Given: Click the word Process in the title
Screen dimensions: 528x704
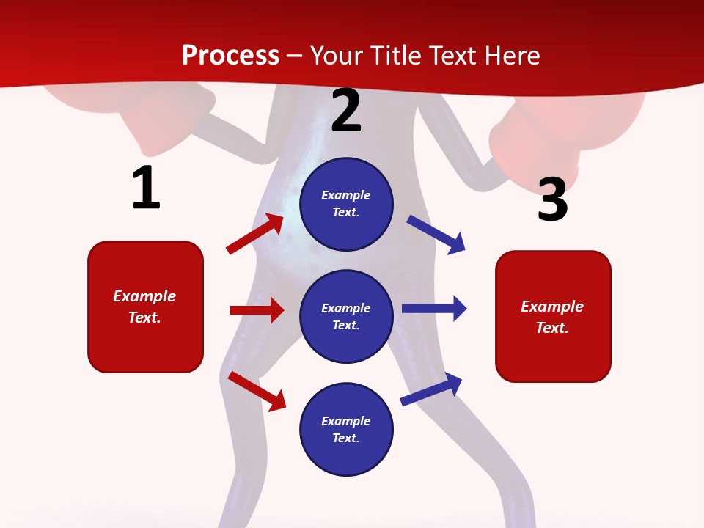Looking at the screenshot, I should click(x=230, y=55).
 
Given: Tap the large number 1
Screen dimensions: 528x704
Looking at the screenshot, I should click(x=146, y=188).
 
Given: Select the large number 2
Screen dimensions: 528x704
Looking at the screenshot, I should click(x=346, y=111).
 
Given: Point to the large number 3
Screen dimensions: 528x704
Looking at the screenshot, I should click(x=552, y=199).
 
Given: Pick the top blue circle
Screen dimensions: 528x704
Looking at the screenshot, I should click(x=346, y=204).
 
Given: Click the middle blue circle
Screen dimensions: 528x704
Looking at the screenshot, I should click(x=346, y=317).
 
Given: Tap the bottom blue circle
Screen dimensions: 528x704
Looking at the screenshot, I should click(x=346, y=430).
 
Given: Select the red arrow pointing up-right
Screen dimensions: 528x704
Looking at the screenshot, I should click(x=254, y=234).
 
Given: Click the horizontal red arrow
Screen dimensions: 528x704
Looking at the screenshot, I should click(x=257, y=310).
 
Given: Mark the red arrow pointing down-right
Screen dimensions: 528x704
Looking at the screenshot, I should click(x=257, y=391).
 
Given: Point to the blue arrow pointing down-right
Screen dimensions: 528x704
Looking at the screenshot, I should click(x=436, y=234).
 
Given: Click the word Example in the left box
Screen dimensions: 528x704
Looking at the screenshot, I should click(x=144, y=296).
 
